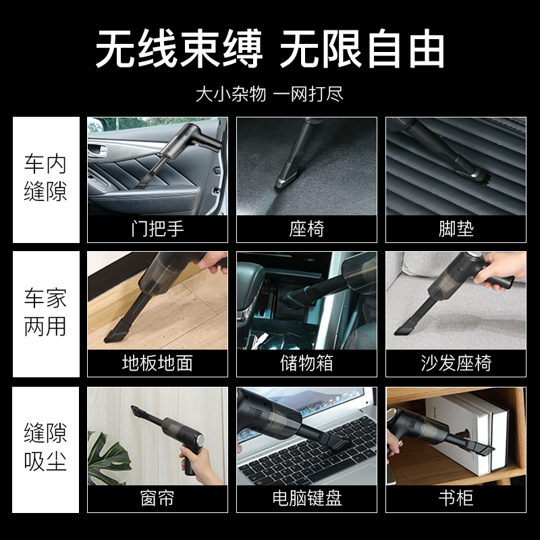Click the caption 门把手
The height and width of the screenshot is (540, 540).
(x=157, y=229)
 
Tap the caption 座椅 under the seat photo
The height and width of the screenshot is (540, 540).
(x=306, y=229)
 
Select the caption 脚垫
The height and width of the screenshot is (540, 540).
(x=456, y=229)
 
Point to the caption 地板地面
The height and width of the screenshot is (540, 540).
(x=157, y=363)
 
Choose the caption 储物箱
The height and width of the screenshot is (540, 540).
(x=306, y=363)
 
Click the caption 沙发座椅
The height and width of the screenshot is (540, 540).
(x=456, y=363)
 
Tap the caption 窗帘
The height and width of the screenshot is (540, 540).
(x=157, y=498)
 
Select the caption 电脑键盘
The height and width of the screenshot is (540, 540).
(x=307, y=498)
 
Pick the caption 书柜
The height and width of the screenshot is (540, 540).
(x=456, y=498)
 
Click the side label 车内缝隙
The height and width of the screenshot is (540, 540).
(x=45, y=178)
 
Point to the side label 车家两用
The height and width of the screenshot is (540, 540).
(x=45, y=312)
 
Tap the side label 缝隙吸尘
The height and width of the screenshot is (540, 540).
(x=45, y=447)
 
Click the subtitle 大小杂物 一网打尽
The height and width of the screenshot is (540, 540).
(x=269, y=94)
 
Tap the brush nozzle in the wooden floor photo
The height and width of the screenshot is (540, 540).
(x=116, y=333)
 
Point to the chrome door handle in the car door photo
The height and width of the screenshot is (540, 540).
(x=98, y=151)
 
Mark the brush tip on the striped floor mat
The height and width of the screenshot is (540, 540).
(x=480, y=176)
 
